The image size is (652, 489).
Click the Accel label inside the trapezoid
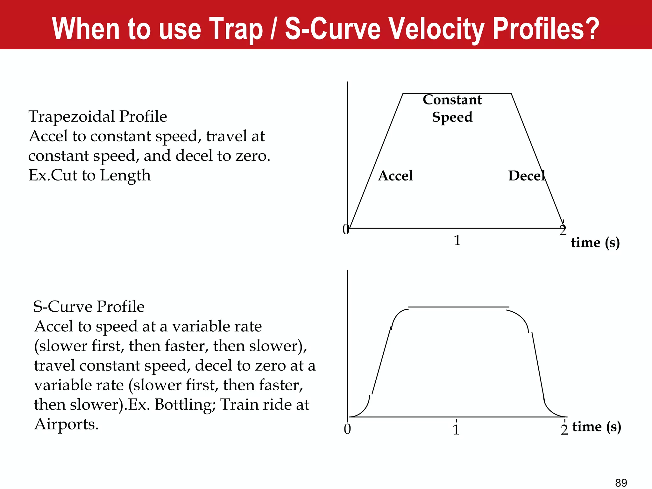pyautogui.click(x=395, y=176)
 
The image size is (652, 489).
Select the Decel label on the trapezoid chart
pyautogui.click(x=527, y=176)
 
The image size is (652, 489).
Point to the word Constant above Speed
pyautogui.click(x=452, y=100)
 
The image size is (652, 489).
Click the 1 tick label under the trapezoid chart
pyautogui.click(x=457, y=240)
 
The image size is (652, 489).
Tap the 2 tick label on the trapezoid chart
pyautogui.click(x=563, y=230)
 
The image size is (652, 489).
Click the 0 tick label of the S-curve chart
pyautogui.click(x=347, y=429)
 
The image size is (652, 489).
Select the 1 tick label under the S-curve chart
pyautogui.click(x=456, y=430)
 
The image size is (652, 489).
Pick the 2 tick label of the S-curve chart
pyautogui.click(x=564, y=430)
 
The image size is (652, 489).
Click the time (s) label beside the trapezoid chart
pyautogui.click(x=595, y=243)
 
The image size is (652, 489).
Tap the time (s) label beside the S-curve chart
pyautogui.click(x=597, y=427)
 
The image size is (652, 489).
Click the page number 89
pyautogui.click(x=621, y=483)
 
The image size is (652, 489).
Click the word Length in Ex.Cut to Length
pyautogui.click(x=125, y=175)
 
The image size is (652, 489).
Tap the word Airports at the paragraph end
pyautogui.click(x=66, y=424)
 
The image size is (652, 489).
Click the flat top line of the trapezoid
pyautogui.click(x=457, y=93)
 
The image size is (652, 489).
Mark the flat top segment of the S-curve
pyautogui.click(x=458, y=307)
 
